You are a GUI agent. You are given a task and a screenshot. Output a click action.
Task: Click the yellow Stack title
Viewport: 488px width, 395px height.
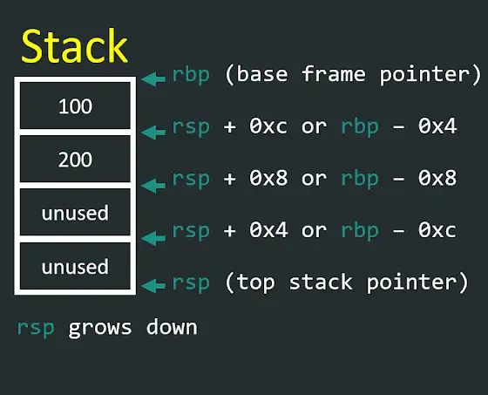click(x=74, y=46)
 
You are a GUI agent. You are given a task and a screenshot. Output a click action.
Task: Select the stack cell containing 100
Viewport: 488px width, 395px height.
click(x=75, y=106)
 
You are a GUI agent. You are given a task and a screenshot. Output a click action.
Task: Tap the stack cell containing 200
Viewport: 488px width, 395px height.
click(x=75, y=159)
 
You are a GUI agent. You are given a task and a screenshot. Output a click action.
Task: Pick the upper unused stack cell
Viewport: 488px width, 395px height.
click(x=75, y=212)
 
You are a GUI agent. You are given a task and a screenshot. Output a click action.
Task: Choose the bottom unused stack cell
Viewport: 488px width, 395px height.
click(x=75, y=266)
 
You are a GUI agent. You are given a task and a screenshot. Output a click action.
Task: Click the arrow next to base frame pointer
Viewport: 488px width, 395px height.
click(x=153, y=78)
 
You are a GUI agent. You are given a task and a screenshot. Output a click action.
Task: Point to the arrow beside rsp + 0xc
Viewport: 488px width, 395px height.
click(x=153, y=132)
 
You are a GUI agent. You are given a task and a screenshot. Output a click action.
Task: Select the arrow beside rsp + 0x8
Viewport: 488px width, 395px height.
click(x=153, y=186)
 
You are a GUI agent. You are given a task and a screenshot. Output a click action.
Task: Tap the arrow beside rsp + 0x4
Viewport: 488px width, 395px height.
click(x=153, y=238)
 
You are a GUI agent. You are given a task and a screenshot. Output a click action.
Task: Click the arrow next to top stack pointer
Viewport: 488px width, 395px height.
click(x=153, y=286)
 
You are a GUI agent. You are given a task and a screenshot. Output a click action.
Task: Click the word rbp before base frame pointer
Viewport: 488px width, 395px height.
click(x=191, y=75)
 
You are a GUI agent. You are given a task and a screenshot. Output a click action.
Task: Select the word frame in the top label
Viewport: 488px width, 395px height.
click(x=333, y=74)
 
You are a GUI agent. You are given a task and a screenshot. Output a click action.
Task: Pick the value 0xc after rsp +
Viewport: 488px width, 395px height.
click(x=268, y=126)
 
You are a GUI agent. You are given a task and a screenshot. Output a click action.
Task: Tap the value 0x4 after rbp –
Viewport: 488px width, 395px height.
click(x=437, y=126)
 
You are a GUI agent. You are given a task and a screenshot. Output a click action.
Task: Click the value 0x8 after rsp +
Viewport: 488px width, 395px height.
click(x=268, y=178)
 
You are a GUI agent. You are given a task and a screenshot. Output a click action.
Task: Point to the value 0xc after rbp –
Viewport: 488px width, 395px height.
click(x=437, y=230)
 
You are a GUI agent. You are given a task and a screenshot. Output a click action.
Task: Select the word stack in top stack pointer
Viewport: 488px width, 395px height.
click(x=321, y=282)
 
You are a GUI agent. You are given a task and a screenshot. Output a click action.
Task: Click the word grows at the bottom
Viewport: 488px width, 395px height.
click(x=100, y=328)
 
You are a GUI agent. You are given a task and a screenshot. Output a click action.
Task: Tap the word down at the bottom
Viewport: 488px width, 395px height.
click(x=172, y=326)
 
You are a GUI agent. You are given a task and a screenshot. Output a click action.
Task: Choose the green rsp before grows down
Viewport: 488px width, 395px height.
click(x=36, y=329)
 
